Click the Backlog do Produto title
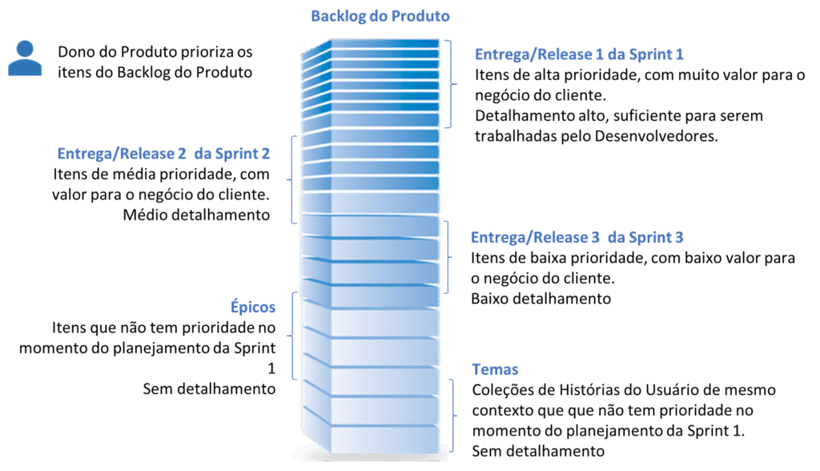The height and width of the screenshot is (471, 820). [x=380, y=16]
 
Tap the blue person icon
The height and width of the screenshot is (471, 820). [x=24, y=58]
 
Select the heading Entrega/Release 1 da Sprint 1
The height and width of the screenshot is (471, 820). [x=579, y=55]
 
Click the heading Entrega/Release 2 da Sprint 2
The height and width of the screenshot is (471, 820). [x=164, y=153]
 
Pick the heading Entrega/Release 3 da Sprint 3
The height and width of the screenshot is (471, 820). [x=577, y=238]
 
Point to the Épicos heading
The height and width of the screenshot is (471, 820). [x=251, y=308]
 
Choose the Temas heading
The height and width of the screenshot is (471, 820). [x=496, y=370]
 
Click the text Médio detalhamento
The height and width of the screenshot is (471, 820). [x=196, y=215]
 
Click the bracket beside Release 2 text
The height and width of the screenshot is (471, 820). [x=294, y=176]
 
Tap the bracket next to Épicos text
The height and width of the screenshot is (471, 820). [x=294, y=334]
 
